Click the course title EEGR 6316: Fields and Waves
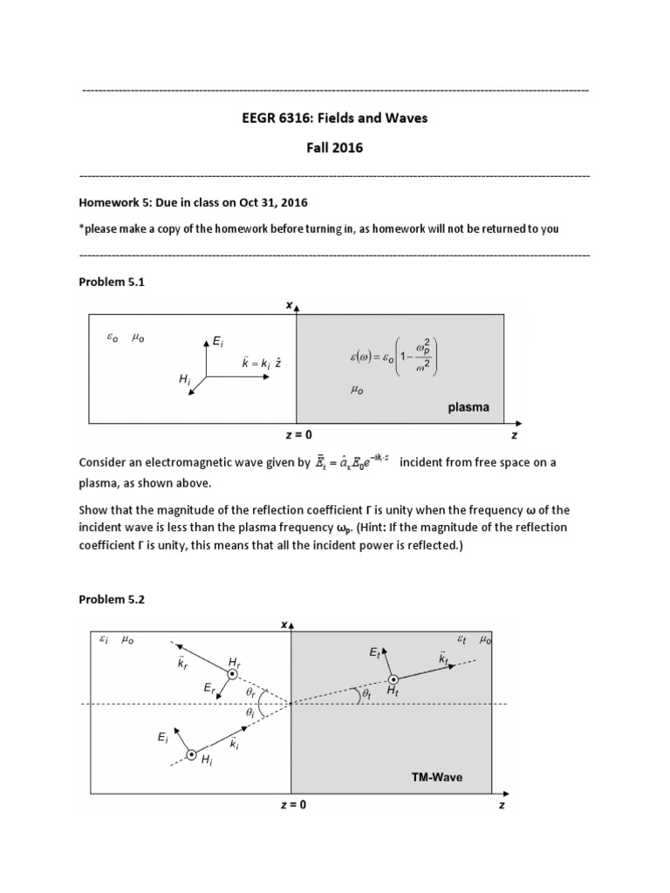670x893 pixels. coord(334,118)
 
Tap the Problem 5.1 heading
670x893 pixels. coord(111,282)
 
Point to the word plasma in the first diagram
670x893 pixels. coord(468,406)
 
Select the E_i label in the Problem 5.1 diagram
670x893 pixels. coord(218,344)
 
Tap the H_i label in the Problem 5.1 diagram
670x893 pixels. coord(184,381)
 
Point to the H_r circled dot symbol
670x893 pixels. coord(233,673)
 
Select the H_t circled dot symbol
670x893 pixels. coord(393,679)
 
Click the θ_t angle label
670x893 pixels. coord(366,695)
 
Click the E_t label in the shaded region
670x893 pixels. coord(374,653)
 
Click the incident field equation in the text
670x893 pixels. coord(352,463)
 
